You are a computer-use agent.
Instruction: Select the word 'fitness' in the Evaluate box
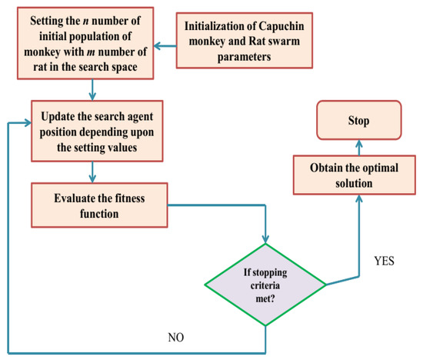[135, 198]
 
